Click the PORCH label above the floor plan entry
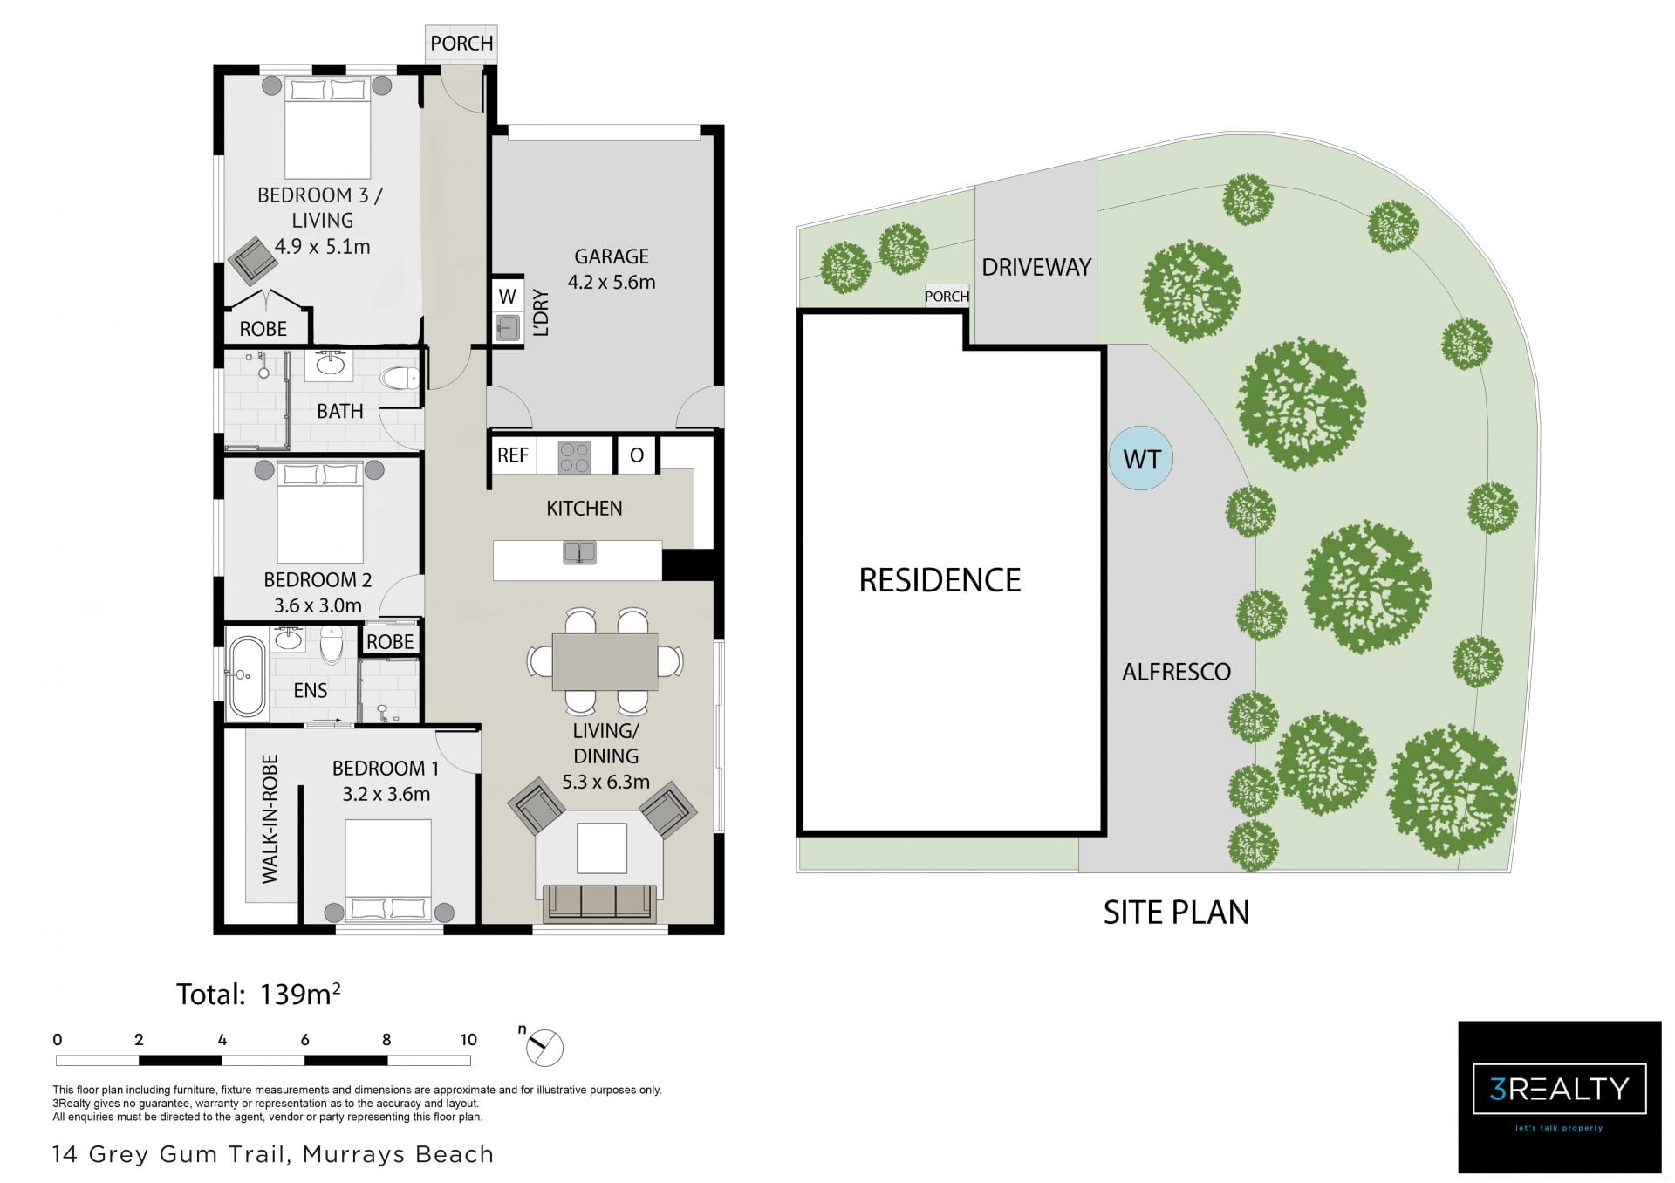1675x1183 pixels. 461,43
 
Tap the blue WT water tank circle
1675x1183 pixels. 1141,457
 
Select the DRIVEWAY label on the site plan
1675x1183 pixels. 1036,267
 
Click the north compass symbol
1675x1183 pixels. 544,1046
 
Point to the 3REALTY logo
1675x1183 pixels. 1560,1097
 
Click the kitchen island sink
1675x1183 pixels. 579,551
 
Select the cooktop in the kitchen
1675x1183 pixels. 573,456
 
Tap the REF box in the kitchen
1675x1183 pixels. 513,455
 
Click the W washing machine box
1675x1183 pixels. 507,296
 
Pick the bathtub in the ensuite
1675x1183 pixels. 246,676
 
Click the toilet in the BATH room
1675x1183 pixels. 402,379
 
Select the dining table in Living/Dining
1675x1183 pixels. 605,660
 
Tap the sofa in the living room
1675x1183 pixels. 599,903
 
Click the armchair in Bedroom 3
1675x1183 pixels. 253,260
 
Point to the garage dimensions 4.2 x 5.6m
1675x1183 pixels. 611,282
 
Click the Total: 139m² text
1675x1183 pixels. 258,994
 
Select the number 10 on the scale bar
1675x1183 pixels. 468,1039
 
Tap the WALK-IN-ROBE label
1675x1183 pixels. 270,818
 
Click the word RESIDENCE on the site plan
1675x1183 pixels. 940,580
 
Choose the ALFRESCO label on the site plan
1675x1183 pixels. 1176,672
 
